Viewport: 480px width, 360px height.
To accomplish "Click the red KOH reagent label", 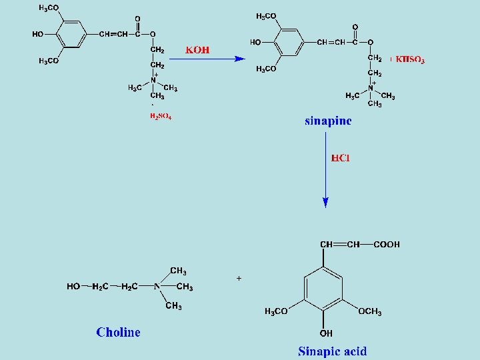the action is point(197,50).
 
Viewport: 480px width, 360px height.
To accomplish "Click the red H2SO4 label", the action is point(160,116).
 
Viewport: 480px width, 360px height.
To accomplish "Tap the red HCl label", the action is point(341,158).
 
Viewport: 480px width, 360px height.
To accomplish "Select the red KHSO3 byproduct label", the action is point(408,59).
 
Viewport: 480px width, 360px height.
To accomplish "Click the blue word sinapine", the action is point(328,121).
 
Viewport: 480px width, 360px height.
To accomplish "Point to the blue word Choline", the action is point(118,332).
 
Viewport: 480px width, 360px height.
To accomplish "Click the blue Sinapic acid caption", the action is point(332,351).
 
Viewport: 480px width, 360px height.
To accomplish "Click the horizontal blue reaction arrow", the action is point(207,59).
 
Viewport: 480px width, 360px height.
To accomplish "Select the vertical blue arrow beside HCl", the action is point(325,170).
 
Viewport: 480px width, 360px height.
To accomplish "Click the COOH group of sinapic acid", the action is point(387,245).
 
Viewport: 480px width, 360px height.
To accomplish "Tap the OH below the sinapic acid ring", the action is point(325,333).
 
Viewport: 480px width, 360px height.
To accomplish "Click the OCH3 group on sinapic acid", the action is point(370,312).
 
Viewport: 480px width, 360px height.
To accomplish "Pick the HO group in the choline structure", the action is point(73,287).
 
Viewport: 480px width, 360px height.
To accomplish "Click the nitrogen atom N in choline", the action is point(157,287).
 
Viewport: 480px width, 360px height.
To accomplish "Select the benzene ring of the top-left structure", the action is point(71,35).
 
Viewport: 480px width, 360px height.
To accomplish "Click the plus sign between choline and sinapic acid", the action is point(239,277).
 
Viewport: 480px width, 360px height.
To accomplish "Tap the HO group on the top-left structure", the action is point(37,34).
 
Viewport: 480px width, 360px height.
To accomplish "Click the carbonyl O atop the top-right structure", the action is point(355,27).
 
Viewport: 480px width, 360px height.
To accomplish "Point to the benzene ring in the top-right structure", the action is point(289,43).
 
